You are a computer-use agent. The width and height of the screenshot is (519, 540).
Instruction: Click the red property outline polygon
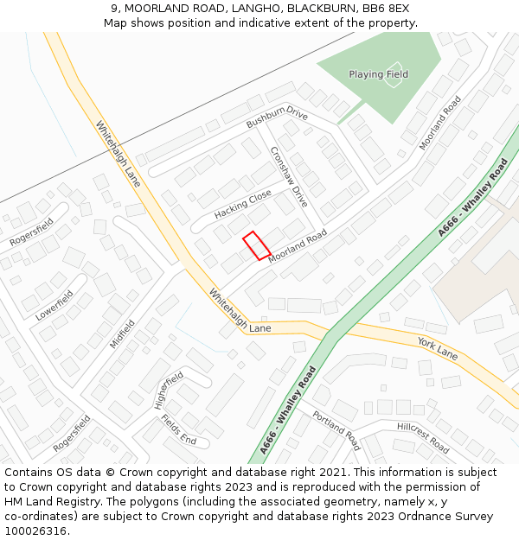256,245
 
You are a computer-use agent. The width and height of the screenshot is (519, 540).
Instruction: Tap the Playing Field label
378,74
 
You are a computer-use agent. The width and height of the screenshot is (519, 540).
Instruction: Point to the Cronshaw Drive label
289,176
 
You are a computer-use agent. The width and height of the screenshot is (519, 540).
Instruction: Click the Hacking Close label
243,205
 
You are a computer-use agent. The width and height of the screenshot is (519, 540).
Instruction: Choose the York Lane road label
437,347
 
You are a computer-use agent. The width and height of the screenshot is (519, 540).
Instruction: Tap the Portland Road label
336,430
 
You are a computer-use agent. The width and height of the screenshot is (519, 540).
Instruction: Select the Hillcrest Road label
423,438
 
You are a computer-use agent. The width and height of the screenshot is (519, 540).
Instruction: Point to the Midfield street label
122,334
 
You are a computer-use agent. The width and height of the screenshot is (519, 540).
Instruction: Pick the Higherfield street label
169,390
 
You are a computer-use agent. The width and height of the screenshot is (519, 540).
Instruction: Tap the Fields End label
178,429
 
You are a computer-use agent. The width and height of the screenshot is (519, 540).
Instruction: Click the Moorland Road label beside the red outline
298,247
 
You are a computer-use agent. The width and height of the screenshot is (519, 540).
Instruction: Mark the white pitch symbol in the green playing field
397,68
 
